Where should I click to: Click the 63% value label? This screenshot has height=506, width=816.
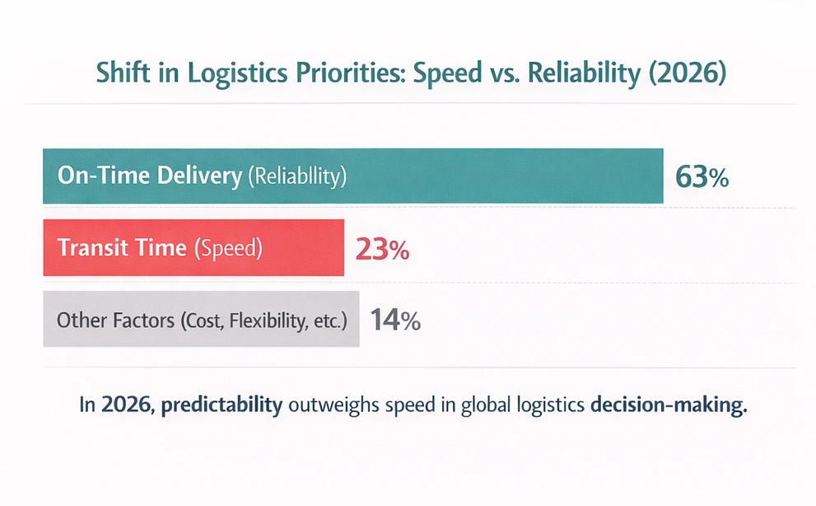coord(701,177)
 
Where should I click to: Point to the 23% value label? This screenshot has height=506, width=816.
coord(381,249)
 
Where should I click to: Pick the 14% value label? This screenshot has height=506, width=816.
coord(395,320)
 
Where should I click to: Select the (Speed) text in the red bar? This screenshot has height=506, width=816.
coord(227,248)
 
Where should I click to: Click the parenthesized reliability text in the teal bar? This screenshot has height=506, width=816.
coord(297,176)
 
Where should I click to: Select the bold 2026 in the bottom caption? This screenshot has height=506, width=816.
coord(120,405)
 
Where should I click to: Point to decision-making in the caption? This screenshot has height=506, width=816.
coord(669,406)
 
